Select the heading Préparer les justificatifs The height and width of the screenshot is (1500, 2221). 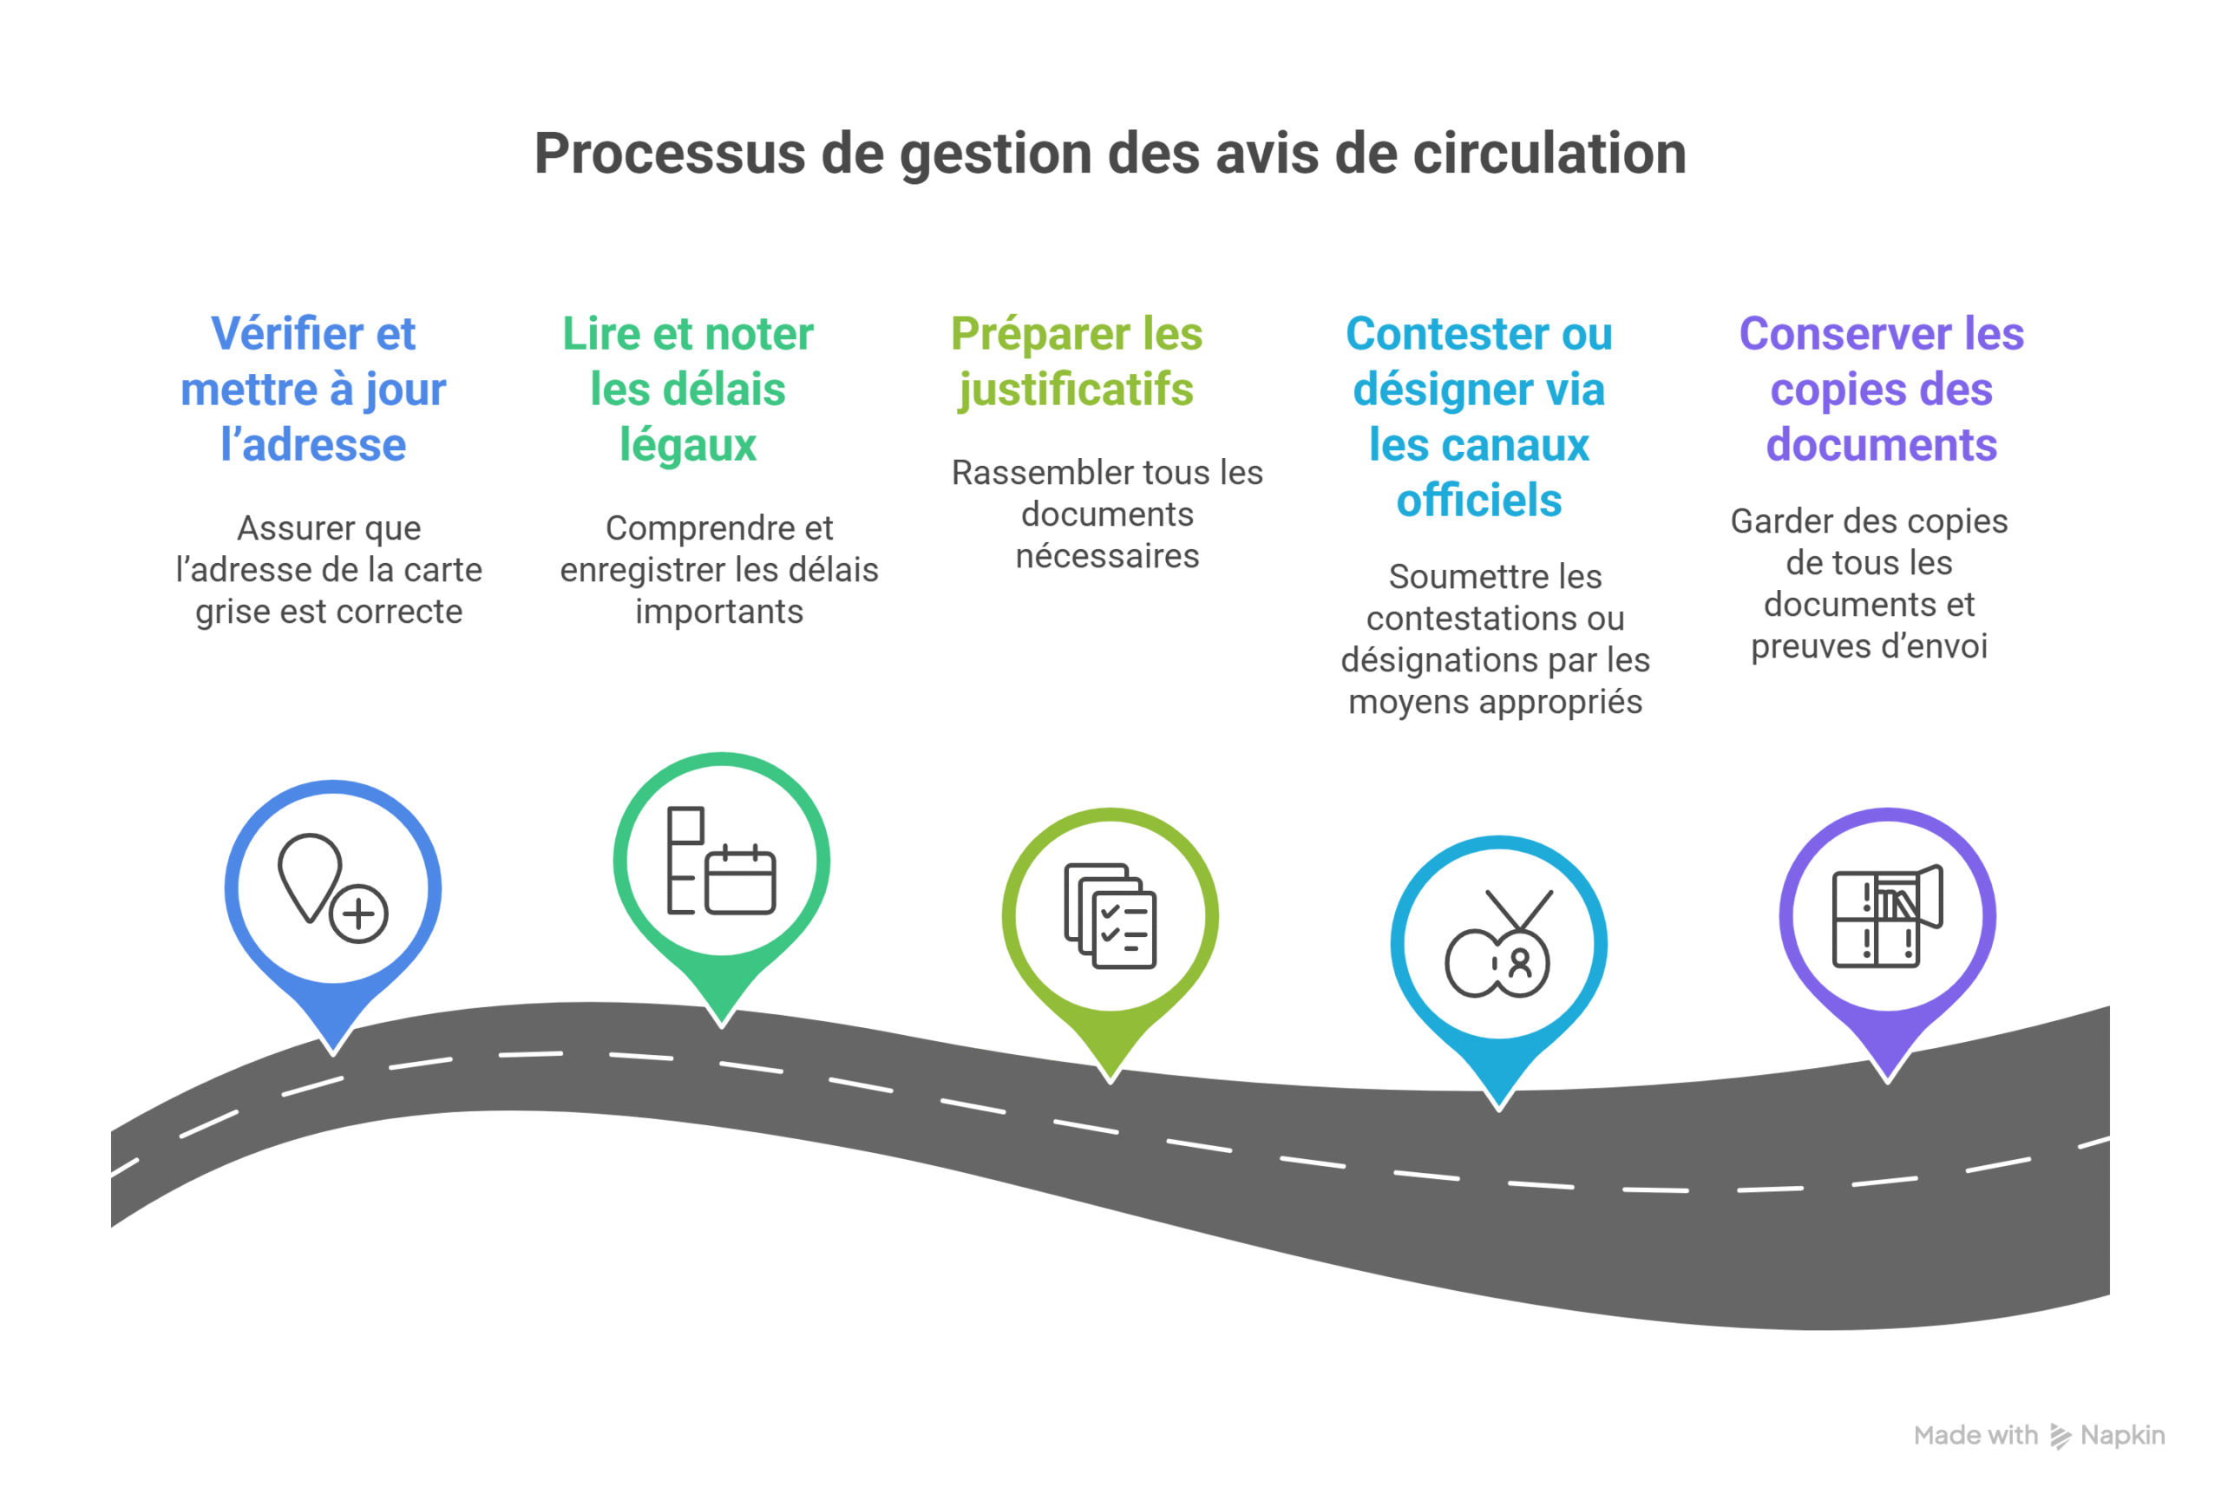click(1076, 361)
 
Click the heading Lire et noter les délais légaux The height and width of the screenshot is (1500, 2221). click(687, 389)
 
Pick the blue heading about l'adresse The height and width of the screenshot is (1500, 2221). click(313, 389)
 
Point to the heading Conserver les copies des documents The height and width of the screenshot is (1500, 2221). click(1881, 389)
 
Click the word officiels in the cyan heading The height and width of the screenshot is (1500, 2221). click(1478, 501)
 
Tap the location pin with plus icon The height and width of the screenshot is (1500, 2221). click(332, 888)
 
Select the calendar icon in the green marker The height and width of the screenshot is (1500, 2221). click(740, 880)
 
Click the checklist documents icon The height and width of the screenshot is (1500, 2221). click(1110, 916)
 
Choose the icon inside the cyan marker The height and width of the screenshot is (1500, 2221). click(1498, 945)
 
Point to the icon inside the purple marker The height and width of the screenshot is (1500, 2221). click(1886, 916)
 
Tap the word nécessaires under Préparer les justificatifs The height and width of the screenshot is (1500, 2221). click(1107, 556)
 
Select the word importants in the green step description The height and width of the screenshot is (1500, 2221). click(718, 612)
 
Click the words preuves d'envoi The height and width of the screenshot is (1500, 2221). click(1869, 647)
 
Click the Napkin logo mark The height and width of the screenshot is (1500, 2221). click(2060, 1436)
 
